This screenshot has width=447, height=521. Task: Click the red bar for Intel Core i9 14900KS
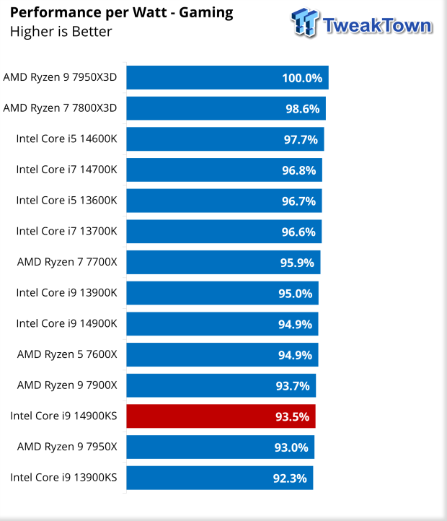(220, 416)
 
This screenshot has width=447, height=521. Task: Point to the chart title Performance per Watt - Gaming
(121, 12)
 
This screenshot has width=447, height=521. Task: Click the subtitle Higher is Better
(61, 31)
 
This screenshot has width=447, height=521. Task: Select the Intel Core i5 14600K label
(66, 139)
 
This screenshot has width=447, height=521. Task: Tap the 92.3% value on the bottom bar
(291, 478)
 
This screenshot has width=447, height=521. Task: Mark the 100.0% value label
(303, 78)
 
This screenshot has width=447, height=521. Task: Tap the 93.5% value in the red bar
(293, 416)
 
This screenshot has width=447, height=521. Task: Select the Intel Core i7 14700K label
(66, 170)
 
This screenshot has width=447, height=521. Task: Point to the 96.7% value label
(298, 201)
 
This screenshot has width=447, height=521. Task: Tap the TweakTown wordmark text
(378, 25)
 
